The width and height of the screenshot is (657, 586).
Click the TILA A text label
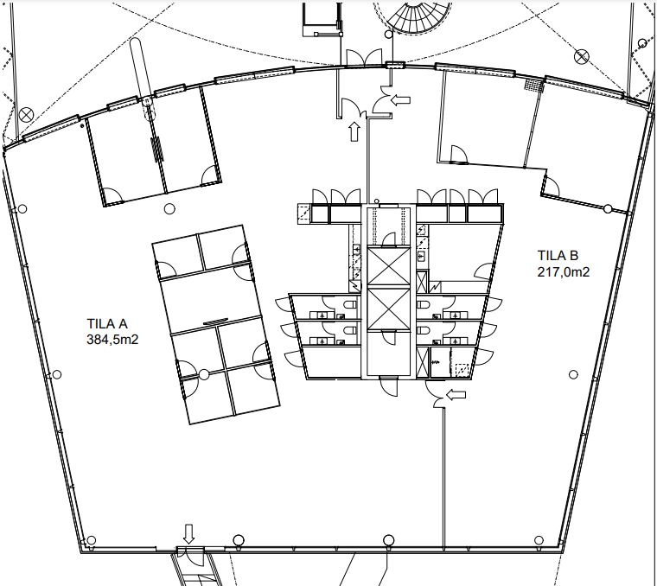pos(107,324)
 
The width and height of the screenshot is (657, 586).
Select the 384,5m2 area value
pos(112,340)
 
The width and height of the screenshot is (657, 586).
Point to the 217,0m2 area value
pos(563,272)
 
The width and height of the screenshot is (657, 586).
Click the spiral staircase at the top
pos(412,16)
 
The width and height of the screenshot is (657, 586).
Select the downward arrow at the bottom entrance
pos(189,533)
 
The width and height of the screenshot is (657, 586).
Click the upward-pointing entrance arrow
pos(354,131)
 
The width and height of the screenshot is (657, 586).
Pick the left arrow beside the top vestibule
pos(400,99)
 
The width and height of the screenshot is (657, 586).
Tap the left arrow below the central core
pos(456,395)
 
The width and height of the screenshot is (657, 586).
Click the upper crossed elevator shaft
pos(388,266)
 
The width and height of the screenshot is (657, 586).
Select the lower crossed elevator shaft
pos(388,309)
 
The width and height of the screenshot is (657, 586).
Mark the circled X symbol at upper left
pos(26,114)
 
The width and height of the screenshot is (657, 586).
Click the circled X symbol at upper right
pos(582,56)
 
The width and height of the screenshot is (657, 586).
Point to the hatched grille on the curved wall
pos(534,85)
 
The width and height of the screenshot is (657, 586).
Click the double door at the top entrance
pos(364,57)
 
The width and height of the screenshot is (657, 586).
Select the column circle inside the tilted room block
pos(204,374)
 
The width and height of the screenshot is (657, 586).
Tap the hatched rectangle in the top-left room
pos(157,149)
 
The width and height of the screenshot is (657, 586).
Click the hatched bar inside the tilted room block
pos(215,322)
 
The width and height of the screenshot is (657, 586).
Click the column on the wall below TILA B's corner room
pos(608,208)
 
